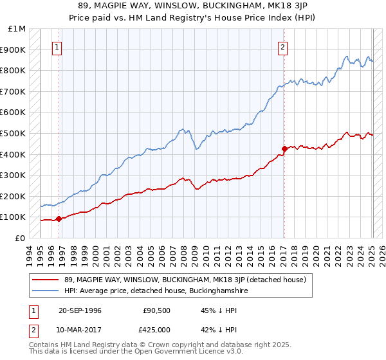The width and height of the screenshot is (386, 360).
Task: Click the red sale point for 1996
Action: [59, 219]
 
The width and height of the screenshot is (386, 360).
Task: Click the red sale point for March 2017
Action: [284, 148]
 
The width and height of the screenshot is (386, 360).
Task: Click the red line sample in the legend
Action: [45, 280]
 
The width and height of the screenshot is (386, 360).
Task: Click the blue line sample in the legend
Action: [45, 291]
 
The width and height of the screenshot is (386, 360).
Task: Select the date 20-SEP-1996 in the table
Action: [80, 310]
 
